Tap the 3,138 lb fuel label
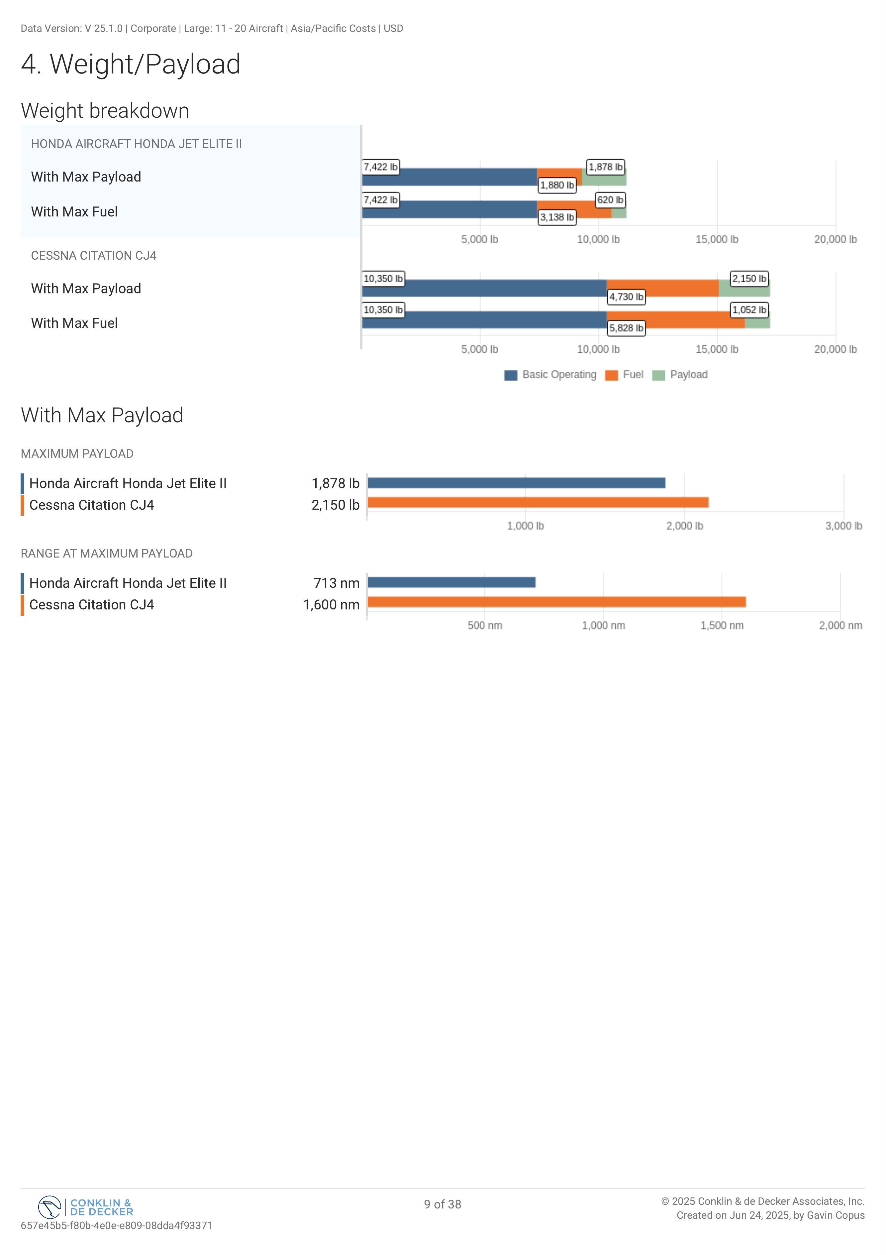tap(557, 217)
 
